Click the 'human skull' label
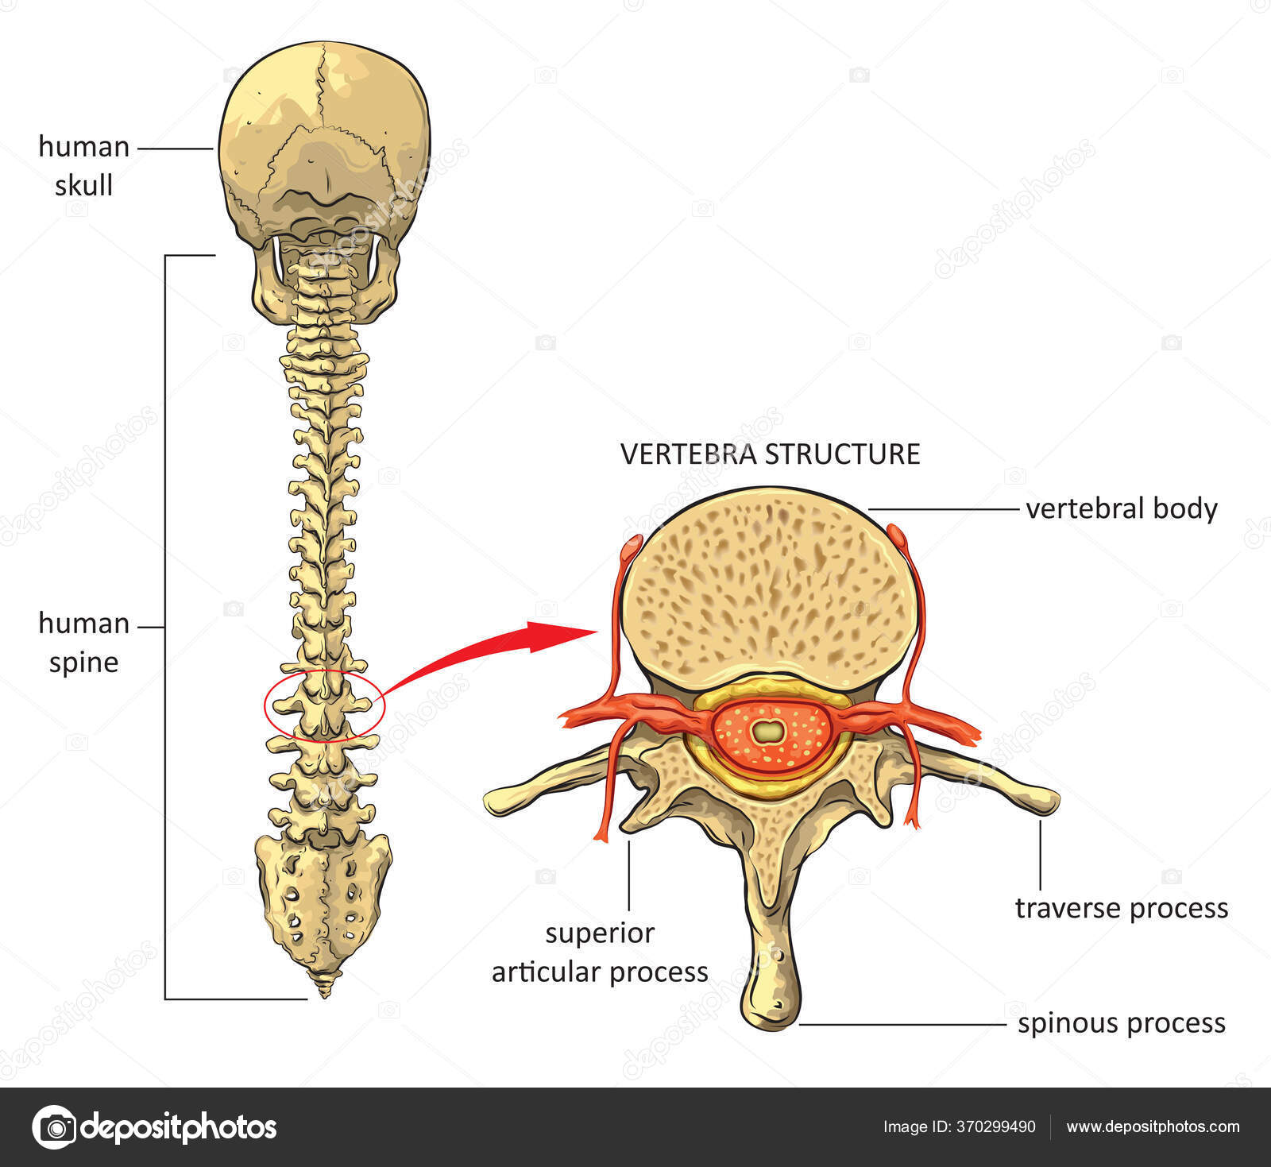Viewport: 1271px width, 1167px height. [x=83, y=166]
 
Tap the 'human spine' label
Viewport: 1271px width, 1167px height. [x=83, y=643]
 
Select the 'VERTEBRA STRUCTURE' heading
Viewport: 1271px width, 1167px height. [x=770, y=454]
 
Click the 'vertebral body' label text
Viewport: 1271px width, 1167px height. [x=1121, y=508]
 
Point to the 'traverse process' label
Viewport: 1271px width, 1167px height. [x=1121, y=907]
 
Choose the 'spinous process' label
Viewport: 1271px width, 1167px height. [x=1121, y=1023]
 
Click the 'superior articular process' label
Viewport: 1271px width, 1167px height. [x=600, y=952]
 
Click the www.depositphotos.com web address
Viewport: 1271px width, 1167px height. [x=1153, y=1126]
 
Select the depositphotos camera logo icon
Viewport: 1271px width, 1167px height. [x=54, y=1126]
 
